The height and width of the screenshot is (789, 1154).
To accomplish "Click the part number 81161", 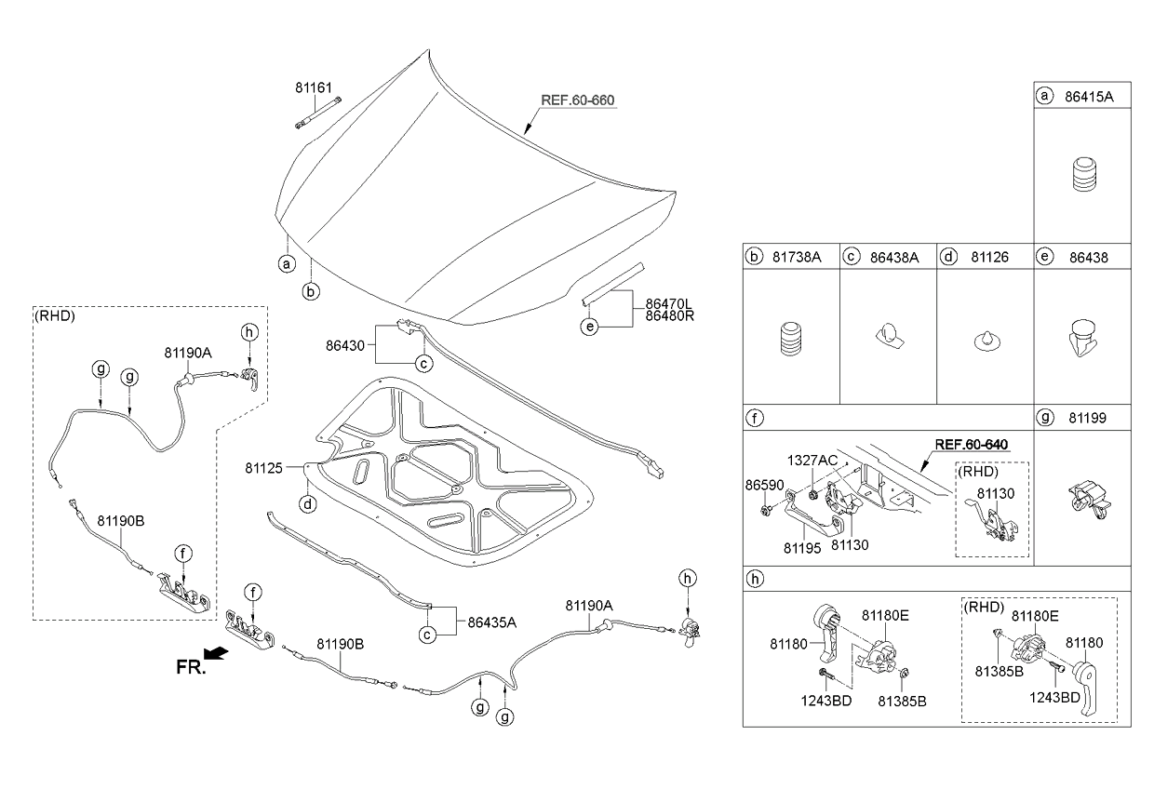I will [313, 88].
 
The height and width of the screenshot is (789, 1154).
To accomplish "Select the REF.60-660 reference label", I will [578, 100].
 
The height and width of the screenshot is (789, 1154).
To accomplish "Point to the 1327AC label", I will [812, 461].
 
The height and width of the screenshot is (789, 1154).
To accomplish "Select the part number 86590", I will [763, 487].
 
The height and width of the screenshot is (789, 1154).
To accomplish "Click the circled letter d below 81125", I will [307, 505].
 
